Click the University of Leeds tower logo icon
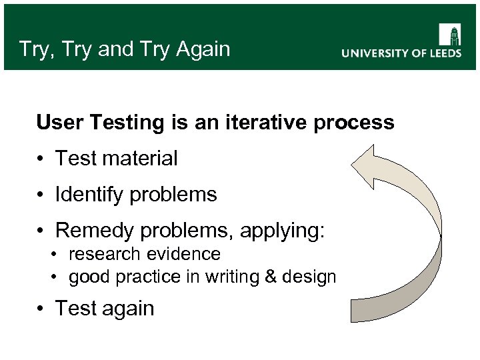pos(450,35)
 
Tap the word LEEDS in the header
pos(442,54)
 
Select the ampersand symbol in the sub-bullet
pos(270,277)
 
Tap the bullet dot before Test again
pos(41,309)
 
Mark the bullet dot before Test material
pos(41,159)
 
